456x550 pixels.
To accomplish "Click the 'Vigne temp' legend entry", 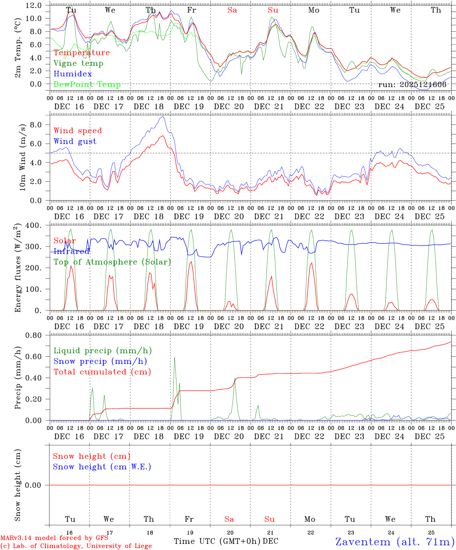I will point(78,63).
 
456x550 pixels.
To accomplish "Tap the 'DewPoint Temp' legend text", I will point(87,85).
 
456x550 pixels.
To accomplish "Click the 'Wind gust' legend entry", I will point(75,141).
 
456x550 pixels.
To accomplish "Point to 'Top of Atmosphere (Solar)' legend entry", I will point(112,262).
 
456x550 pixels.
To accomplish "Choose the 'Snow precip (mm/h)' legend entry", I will point(100,361).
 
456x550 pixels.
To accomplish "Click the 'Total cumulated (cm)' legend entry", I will point(102,372).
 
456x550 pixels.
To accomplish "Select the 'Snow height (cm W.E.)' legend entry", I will point(102,467).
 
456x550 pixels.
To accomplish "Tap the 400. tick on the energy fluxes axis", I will point(33,225).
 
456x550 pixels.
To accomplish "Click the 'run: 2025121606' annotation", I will point(412,85).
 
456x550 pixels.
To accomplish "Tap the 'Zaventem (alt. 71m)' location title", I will point(395,542).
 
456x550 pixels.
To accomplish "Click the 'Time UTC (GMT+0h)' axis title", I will point(217,541).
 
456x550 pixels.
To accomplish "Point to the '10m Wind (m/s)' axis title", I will point(23,157).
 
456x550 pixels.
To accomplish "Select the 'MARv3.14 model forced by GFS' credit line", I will point(54,538).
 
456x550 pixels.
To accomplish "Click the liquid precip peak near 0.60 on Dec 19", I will point(175,357).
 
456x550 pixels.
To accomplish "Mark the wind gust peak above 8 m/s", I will point(163,116).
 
